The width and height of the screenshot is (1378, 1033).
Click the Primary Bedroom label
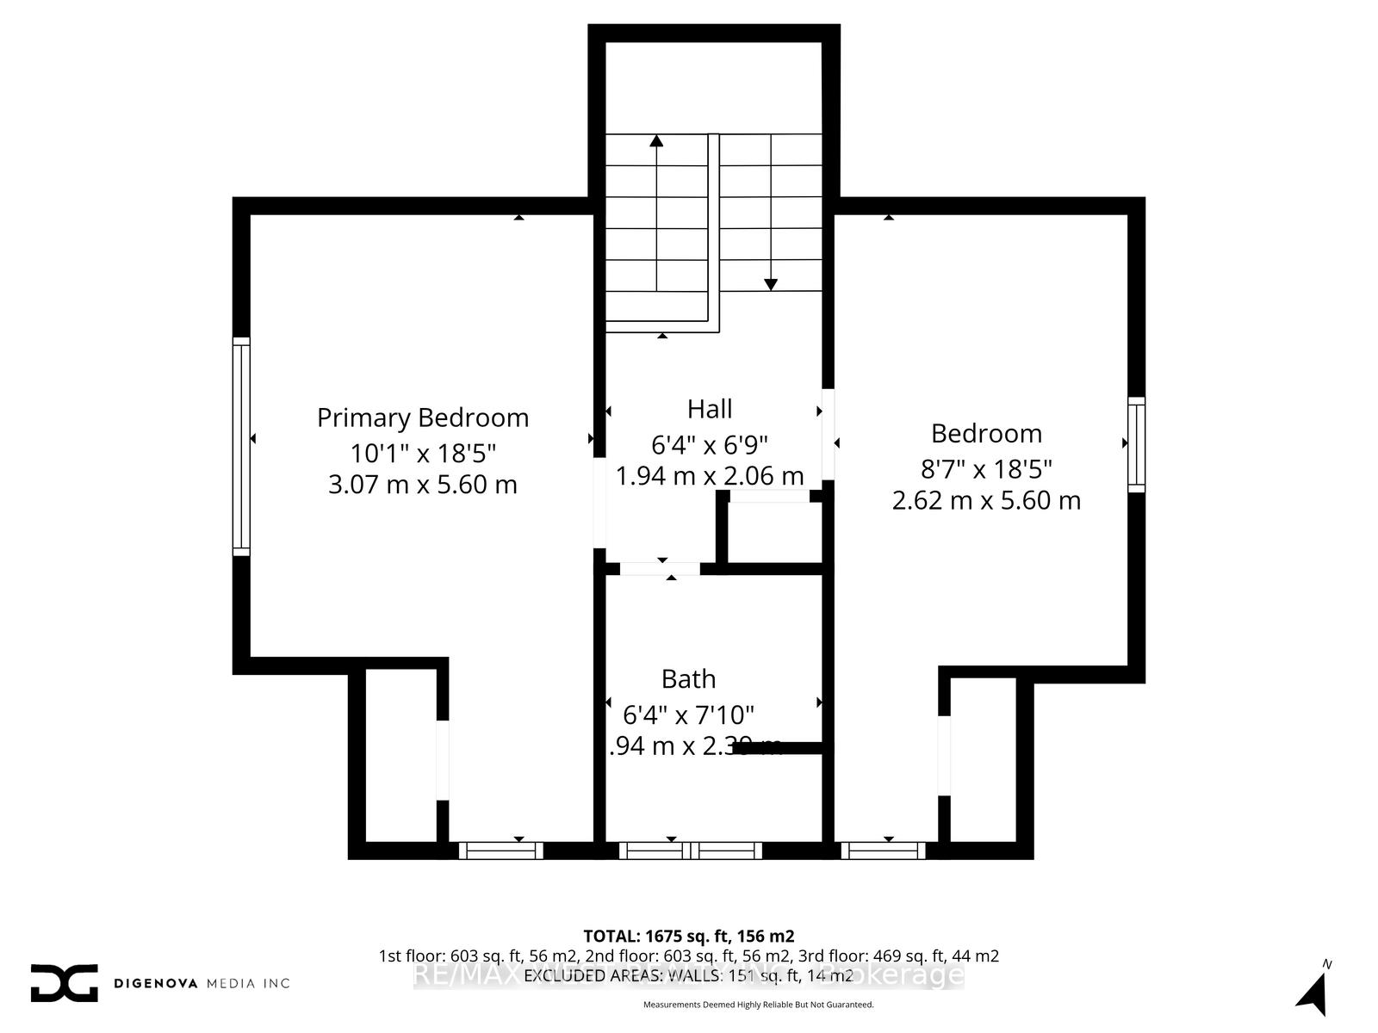coord(422,418)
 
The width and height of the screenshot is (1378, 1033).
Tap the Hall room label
coord(710,409)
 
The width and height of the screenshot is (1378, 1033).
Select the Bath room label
coord(688,679)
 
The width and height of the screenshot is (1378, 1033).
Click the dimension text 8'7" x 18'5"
coord(986,469)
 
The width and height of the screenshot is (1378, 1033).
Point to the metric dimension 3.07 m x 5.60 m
coord(422,485)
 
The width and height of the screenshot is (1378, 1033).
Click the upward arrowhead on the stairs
coord(657,140)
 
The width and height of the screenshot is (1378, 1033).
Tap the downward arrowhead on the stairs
coord(771,284)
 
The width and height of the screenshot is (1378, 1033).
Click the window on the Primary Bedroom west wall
coord(241,446)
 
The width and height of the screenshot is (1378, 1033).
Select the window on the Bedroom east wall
coord(1136,445)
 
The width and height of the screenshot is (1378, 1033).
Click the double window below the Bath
coord(691,851)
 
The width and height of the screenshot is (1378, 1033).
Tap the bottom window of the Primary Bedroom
coord(500,851)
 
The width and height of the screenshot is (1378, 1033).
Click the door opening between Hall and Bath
coord(661,568)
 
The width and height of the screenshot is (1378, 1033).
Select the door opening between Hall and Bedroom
coord(828,435)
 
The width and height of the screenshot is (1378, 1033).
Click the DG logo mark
coord(64,982)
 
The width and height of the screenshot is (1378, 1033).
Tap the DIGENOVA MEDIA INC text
coord(202,983)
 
